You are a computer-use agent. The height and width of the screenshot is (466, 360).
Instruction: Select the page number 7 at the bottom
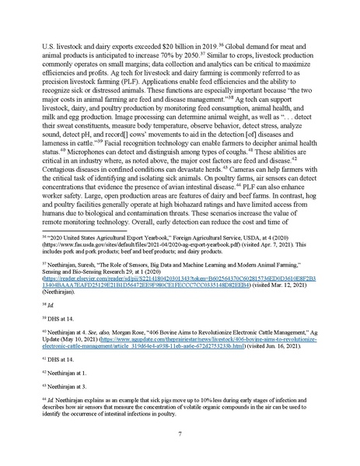[180, 433]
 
